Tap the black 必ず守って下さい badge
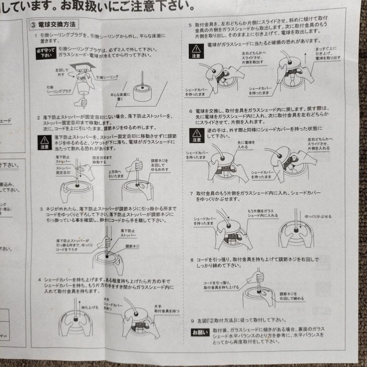45,53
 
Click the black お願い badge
200,332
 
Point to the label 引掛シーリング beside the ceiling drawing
107,77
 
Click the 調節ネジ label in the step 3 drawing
132,246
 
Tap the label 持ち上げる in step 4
90,307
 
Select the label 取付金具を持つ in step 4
167,309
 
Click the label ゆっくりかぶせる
318,216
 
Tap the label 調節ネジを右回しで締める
292,296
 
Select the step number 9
192,320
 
